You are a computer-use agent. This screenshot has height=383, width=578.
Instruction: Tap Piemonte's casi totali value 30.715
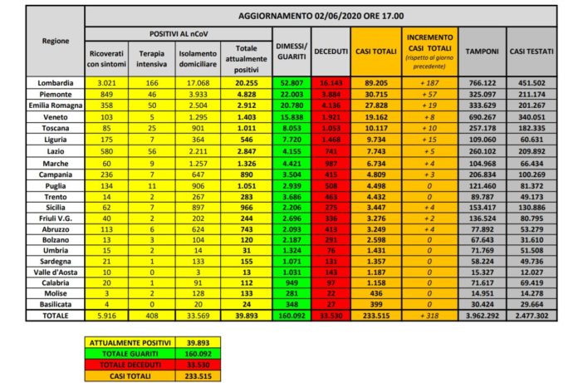[375, 94]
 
